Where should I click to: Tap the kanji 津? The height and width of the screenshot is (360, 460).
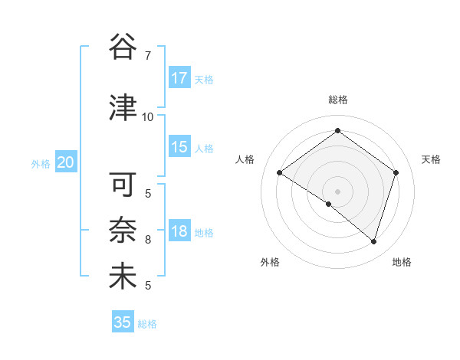pyautogui.click(x=123, y=109)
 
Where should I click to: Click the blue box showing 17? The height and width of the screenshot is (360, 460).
pyautogui.click(x=179, y=79)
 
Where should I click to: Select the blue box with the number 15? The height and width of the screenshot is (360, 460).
pyautogui.click(x=179, y=148)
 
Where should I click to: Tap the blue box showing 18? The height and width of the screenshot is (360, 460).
pyautogui.click(x=179, y=232)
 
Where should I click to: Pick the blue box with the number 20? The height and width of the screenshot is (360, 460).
pyautogui.click(x=65, y=162)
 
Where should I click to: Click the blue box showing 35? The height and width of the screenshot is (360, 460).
pyautogui.click(x=122, y=322)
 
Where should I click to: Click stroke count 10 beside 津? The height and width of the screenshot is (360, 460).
pyautogui.click(x=147, y=117)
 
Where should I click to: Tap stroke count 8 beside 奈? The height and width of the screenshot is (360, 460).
pyautogui.click(x=147, y=240)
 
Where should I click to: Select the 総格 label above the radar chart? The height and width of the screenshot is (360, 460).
pyautogui.click(x=337, y=100)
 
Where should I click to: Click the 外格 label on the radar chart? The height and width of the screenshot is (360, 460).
pyautogui.click(x=270, y=262)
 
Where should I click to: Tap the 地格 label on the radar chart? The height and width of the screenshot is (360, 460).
pyautogui.click(x=402, y=262)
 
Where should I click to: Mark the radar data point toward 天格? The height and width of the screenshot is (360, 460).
pyautogui.click(x=396, y=172)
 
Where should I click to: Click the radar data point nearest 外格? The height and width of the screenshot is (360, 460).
pyautogui.click(x=329, y=205)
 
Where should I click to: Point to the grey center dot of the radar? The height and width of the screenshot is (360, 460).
pyautogui.click(x=337, y=191)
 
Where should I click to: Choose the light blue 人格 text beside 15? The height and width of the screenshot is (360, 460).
pyautogui.click(x=204, y=149)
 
